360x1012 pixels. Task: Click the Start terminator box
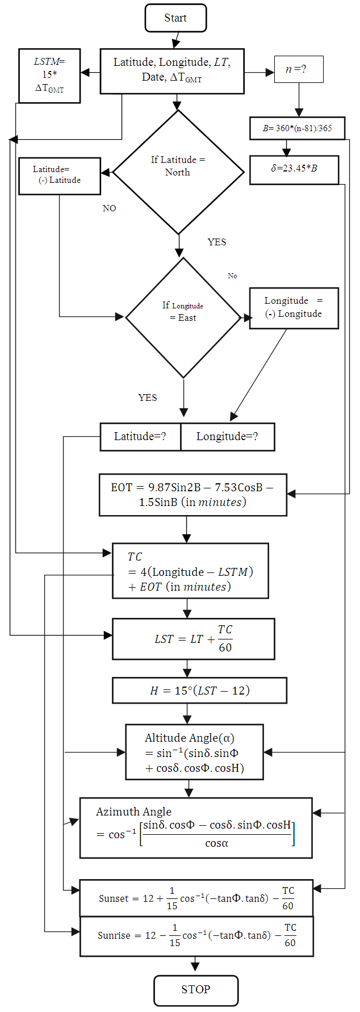[175, 18]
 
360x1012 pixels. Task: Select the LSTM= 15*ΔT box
[49, 76]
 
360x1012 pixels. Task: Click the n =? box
[299, 69]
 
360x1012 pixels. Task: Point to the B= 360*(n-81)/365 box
[297, 128]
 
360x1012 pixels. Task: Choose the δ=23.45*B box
[294, 170]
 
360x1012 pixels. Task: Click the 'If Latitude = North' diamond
[178, 172]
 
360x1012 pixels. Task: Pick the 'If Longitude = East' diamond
[183, 317]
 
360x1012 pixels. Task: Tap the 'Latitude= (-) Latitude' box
[59, 176]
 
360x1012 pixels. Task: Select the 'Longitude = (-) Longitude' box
[294, 308]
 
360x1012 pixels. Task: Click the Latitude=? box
[140, 437]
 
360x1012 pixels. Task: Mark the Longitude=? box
[227, 437]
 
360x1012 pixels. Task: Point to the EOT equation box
[192, 495]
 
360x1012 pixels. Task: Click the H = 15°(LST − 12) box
[199, 691]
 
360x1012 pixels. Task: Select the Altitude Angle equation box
[194, 752]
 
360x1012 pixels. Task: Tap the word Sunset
[114, 898]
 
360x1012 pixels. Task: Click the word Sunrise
[114, 935]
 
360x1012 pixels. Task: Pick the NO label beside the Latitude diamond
[109, 208]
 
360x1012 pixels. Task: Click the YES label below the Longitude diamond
[148, 398]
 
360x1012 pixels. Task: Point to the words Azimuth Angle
[133, 812]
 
